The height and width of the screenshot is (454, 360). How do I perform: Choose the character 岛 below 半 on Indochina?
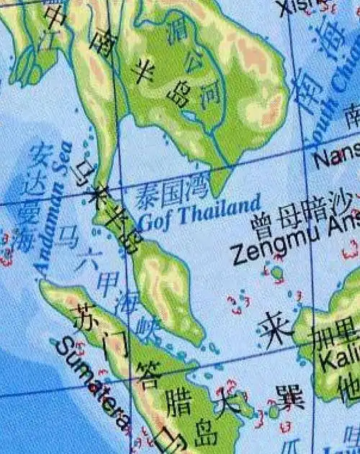pos(177,92)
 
